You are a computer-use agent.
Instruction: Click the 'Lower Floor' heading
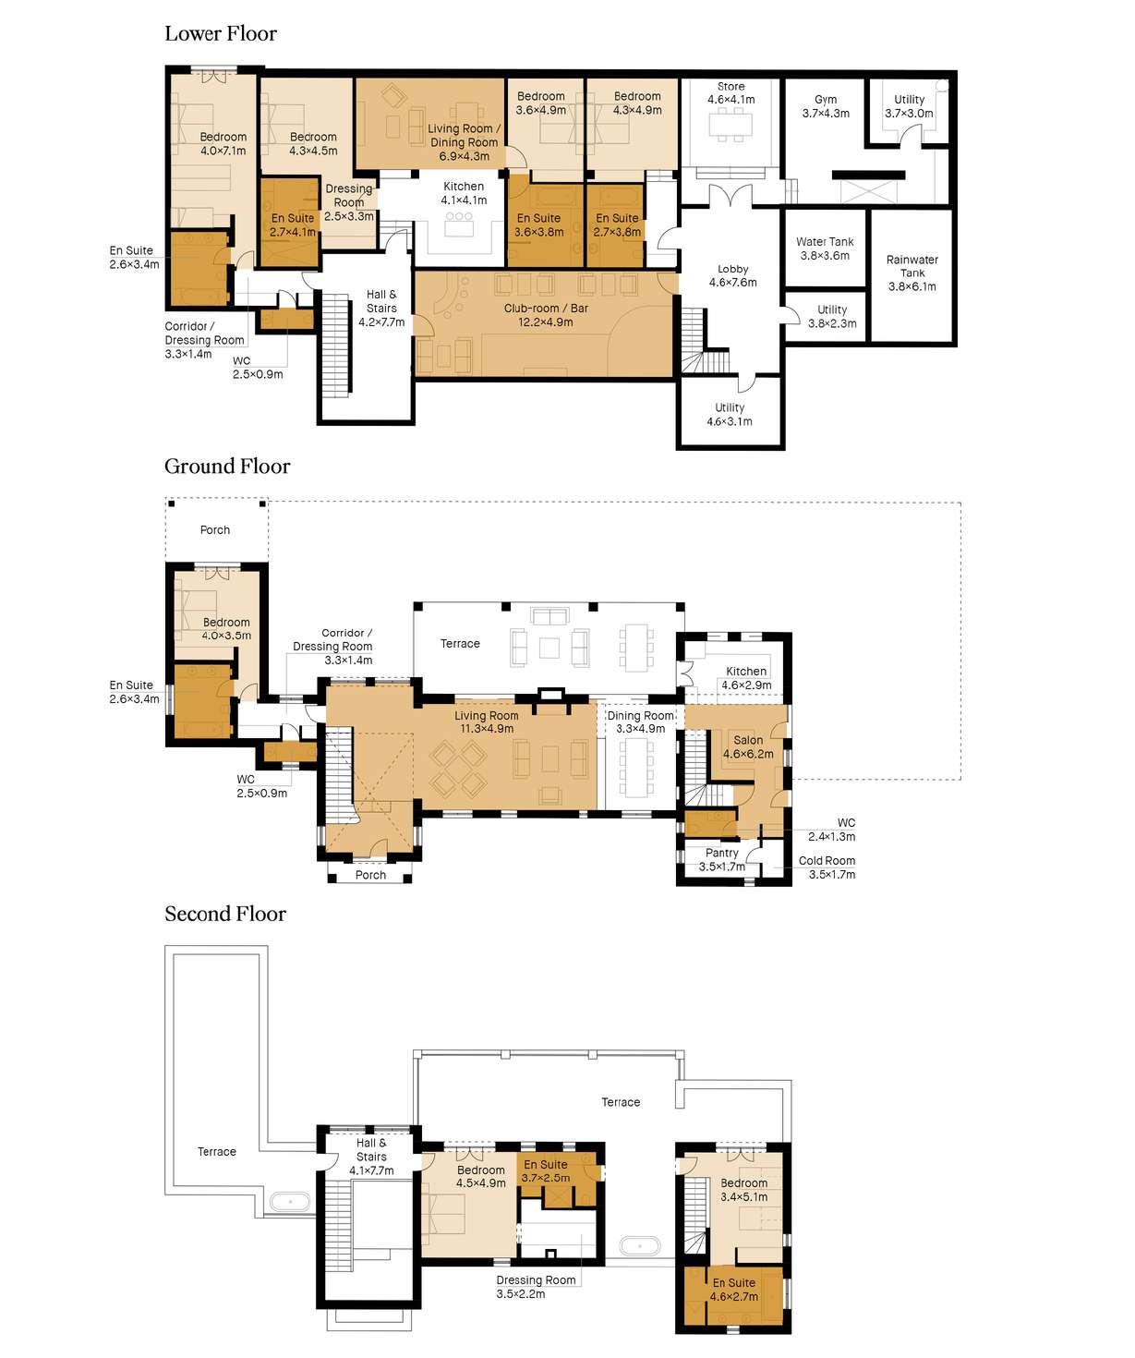pos(221,34)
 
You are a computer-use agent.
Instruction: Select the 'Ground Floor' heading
pos(227,467)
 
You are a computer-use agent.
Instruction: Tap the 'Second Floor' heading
pos(225,915)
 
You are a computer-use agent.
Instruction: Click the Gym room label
pos(826,106)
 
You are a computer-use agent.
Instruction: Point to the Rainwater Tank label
pos(912,273)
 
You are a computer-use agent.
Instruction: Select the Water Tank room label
pos(825,249)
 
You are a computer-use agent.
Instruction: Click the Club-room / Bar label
pos(546,315)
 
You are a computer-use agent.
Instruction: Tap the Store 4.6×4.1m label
pos(731,92)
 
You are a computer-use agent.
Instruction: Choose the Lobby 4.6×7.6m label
pos(733,275)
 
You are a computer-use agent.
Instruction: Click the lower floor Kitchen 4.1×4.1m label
pos(464,193)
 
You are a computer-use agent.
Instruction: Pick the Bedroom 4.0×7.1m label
pos(223,143)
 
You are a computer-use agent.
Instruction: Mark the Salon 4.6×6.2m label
pos(748,746)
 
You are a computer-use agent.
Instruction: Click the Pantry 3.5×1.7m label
pos(722,859)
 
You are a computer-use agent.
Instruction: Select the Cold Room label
pos(827,867)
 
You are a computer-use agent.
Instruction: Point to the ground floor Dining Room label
pos(641,721)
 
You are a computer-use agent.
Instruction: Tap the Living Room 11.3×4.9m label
pos(486,721)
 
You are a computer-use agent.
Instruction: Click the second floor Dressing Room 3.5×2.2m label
pos(536,1286)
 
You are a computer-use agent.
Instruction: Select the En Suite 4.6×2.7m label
pos(734,1289)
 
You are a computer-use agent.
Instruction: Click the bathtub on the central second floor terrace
pos(640,1246)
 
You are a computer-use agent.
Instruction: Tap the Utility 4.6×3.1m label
pos(730,414)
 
